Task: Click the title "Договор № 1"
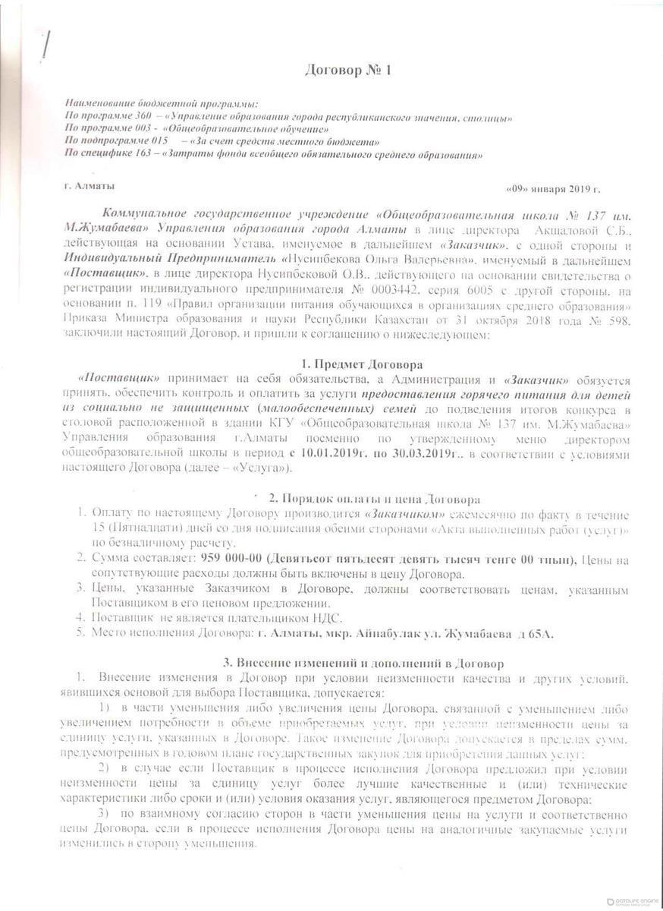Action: (338, 71)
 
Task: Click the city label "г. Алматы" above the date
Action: (90, 184)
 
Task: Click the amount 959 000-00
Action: (230, 560)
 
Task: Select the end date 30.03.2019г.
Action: (416, 453)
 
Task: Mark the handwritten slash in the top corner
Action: (48, 45)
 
